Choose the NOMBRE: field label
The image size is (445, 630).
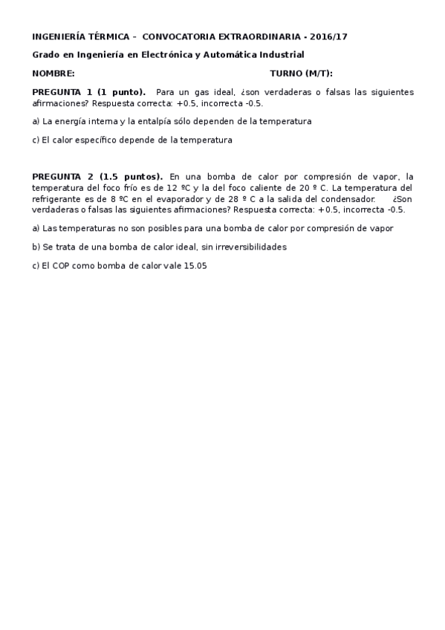pos(53,74)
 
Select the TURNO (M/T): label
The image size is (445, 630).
pos(301,74)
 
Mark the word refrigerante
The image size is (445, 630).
pos(59,199)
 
